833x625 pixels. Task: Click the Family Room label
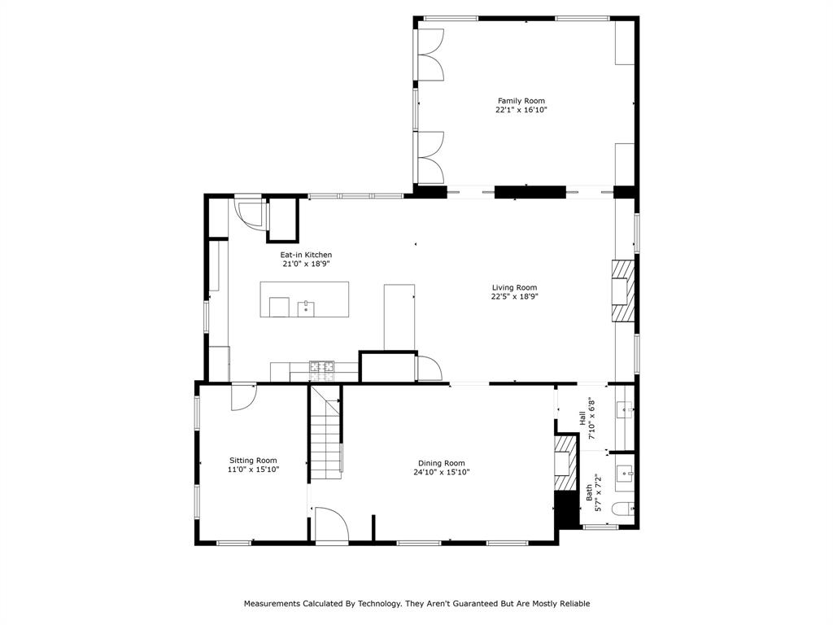click(x=521, y=101)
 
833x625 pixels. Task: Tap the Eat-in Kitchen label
click(x=306, y=255)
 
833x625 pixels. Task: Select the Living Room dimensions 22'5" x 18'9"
click(x=514, y=296)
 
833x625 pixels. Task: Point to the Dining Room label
click(x=442, y=463)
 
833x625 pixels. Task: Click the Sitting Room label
click(x=253, y=460)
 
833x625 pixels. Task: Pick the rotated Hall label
click(x=582, y=417)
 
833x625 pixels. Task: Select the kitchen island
click(x=304, y=299)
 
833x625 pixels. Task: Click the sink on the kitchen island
click(x=307, y=308)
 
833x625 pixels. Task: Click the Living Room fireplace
click(x=622, y=291)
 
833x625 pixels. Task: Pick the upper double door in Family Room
click(x=430, y=55)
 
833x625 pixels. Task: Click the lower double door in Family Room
click(x=430, y=157)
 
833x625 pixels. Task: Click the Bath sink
click(x=625, y=471)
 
